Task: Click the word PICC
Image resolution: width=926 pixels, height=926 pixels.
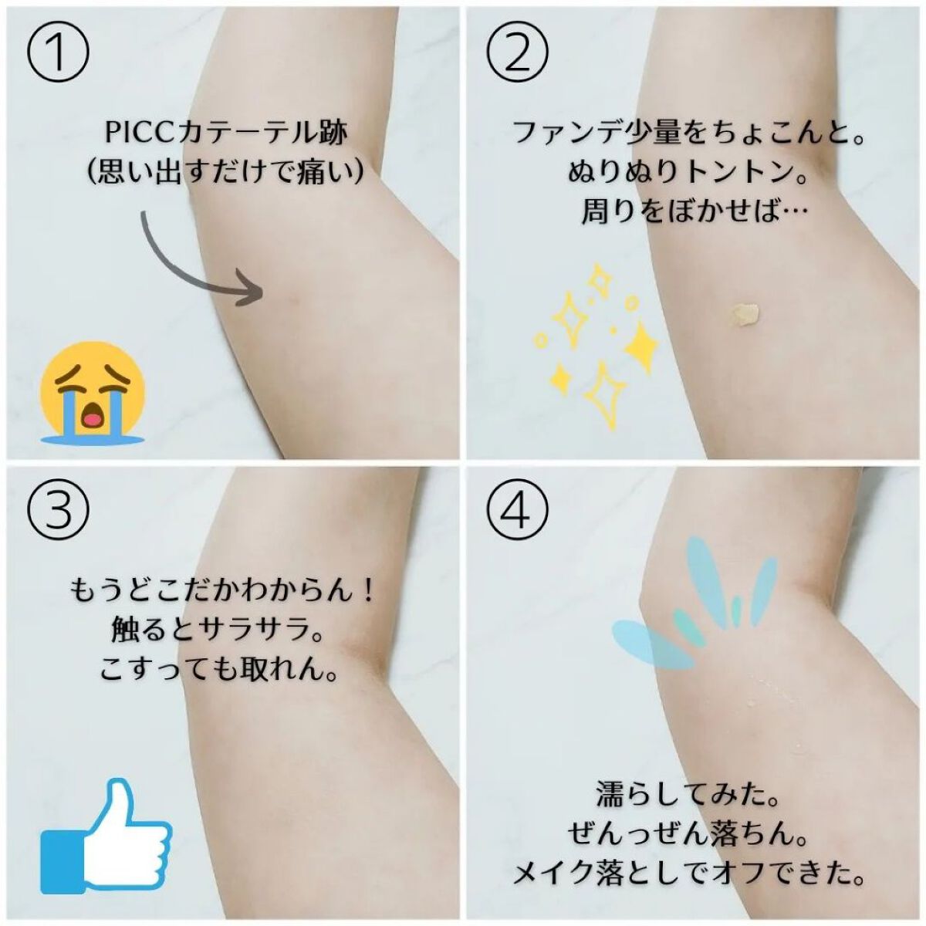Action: pyautogui.click(x=140, y=133)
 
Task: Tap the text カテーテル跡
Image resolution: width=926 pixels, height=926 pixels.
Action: pyautogui.click(x=262, y=133)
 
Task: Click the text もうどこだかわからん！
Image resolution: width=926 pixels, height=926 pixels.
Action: pyautogui.click(x=222, y=592)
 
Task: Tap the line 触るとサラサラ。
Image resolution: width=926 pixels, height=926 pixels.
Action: pyautogui.click(x=217, y=630)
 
